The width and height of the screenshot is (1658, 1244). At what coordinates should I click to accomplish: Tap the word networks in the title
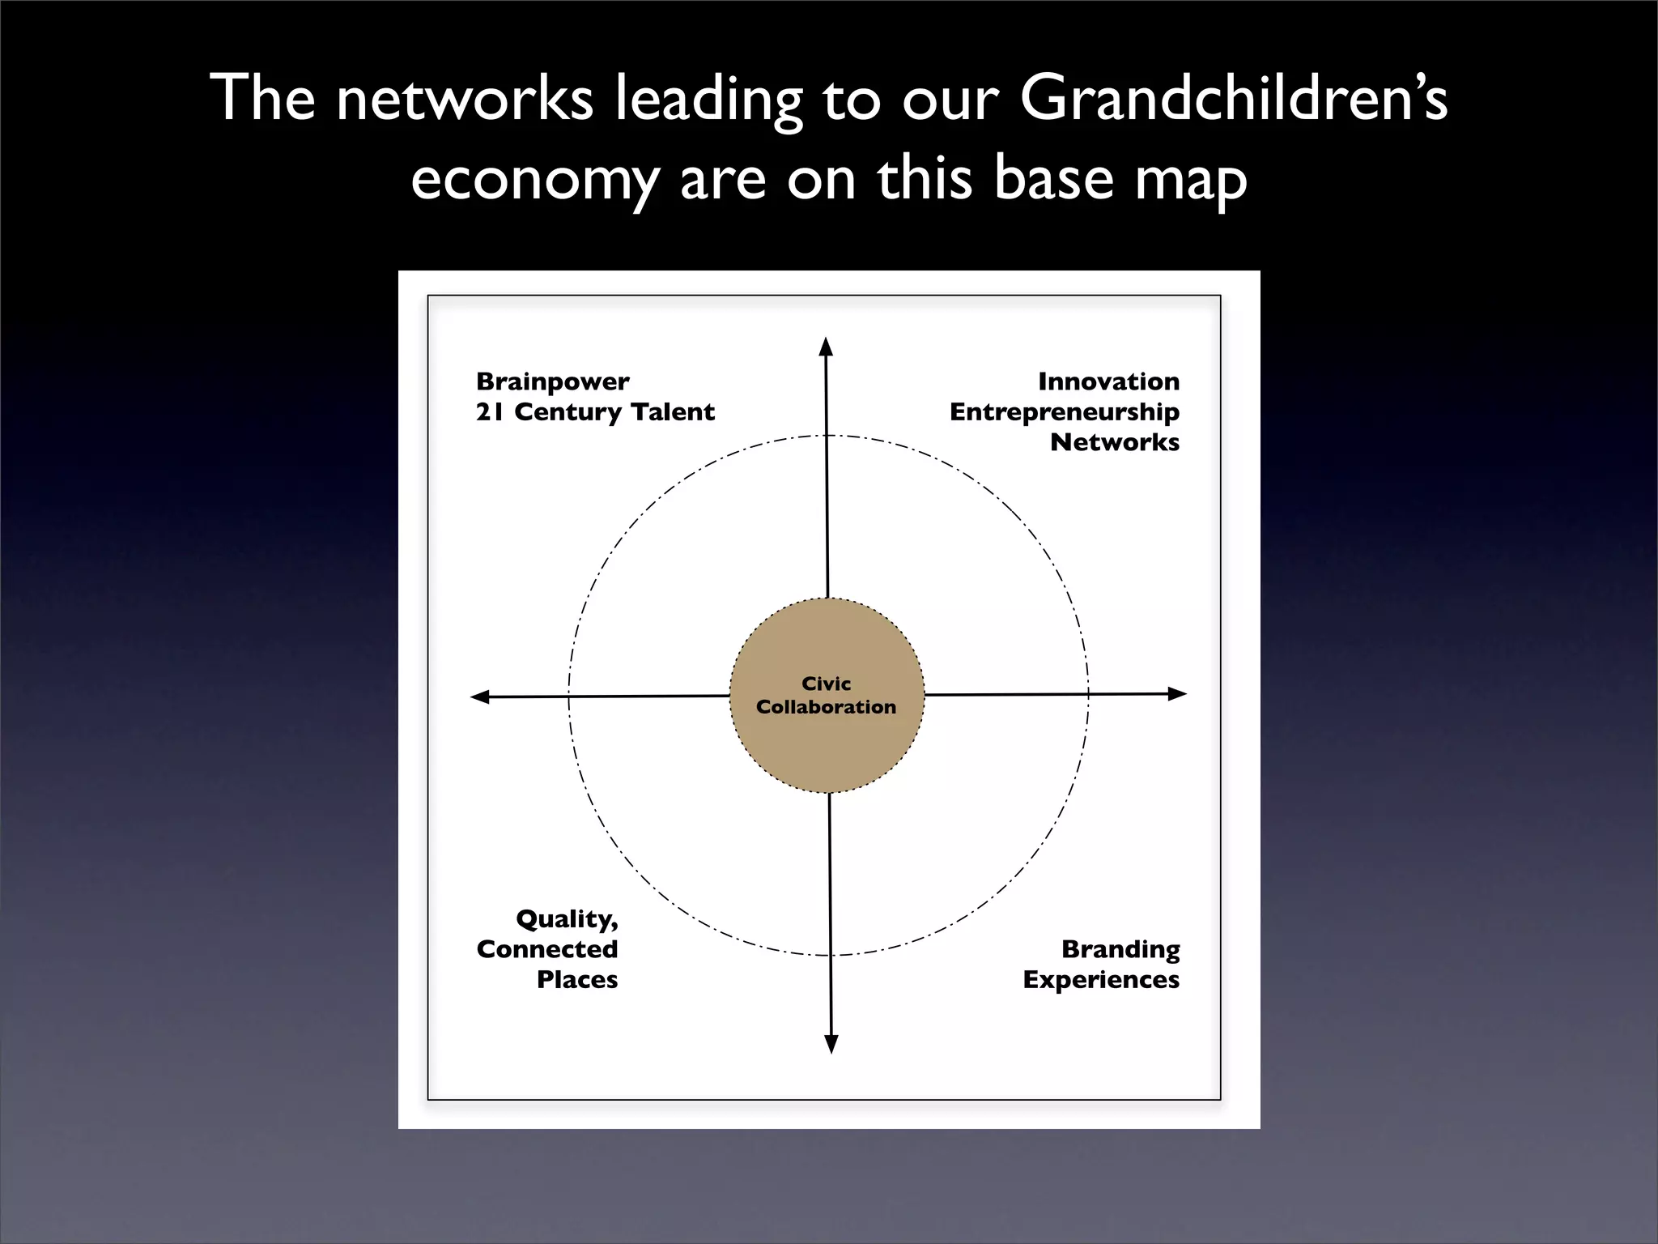click(x=464, y=100)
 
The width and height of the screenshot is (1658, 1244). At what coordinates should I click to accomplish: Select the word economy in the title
click(x=534, y=180)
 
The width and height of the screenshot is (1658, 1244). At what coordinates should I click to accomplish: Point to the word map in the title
click(x=1190, y=180)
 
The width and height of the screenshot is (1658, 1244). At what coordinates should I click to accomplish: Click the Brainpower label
click(x=552, y=381)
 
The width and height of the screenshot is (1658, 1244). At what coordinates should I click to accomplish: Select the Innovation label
click(x=1108, y=381)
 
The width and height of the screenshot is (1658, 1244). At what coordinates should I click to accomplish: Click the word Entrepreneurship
click(x=1064, y=411)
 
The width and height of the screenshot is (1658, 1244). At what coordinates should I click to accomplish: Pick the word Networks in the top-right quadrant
click(x=1114, y=442)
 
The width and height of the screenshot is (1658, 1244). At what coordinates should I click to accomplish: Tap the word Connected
click(x=547, y=949)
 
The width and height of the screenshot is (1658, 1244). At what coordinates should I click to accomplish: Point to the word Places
click(x=576, y=980)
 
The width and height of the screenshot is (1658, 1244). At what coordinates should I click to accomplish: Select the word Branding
click(x=1120, y=949)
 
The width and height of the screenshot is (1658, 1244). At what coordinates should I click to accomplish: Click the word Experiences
click(x=1101, y=980)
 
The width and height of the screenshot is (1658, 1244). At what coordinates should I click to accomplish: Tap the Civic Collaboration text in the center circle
click(x=826, y=695)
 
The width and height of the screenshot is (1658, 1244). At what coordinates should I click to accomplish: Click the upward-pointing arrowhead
click(x=826, y=347)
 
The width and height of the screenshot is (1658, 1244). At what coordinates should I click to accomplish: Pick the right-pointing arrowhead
click(x=1177, y=693)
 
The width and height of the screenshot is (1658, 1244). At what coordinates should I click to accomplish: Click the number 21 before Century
click(x=490, y=411)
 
